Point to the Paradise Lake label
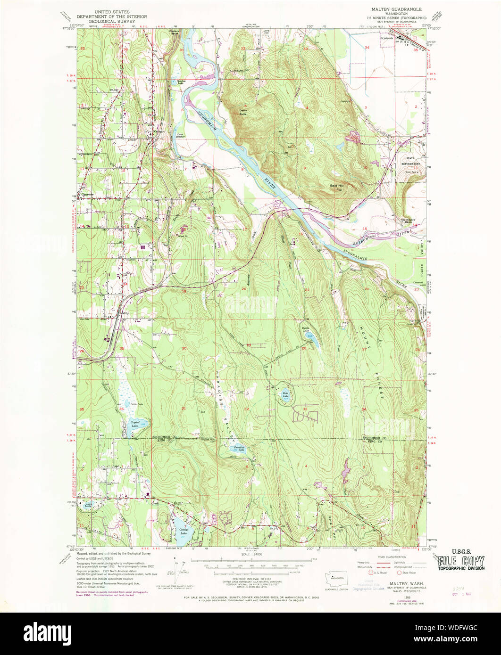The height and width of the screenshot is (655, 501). click(238, 450)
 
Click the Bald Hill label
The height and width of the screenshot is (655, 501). click(336, 186)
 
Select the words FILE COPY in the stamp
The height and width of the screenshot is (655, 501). click(460, 561)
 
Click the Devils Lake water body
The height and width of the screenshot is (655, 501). click(313, 338)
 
